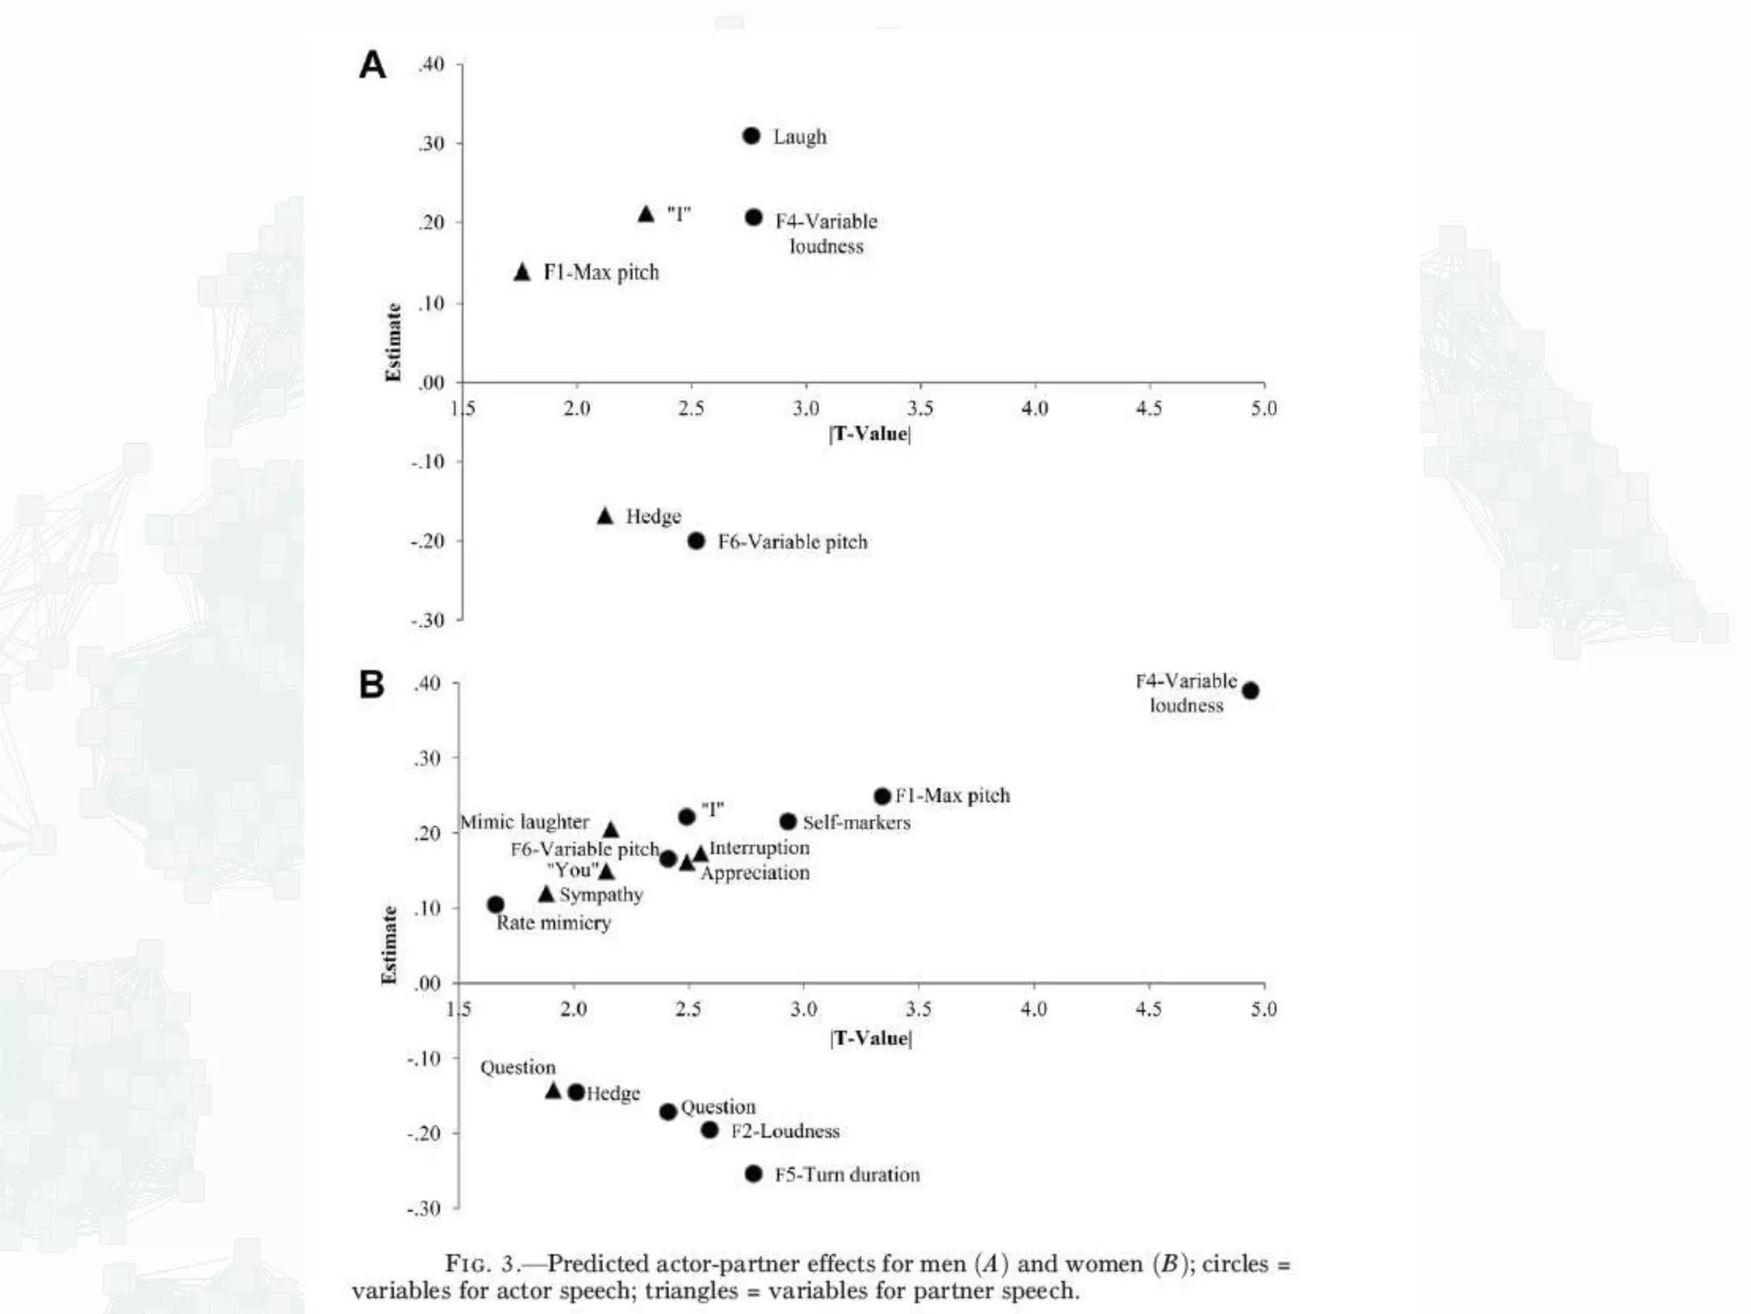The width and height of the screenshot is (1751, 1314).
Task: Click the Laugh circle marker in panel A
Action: pos(752,136)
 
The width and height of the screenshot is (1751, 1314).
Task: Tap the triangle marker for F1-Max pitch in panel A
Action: pos(522,272)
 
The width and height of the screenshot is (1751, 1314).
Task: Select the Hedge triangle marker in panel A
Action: pos(605,516)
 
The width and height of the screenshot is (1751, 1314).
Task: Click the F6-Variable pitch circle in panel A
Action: pos(697,541)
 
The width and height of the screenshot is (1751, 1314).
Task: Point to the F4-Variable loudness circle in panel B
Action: pos(1250,690)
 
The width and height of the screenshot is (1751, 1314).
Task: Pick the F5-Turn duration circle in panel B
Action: pos(753,1174)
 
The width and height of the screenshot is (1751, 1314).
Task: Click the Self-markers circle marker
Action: pos(788,822)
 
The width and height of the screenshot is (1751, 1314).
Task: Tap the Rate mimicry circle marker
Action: pos(496,904)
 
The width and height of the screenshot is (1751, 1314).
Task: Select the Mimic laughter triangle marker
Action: pos(610,830)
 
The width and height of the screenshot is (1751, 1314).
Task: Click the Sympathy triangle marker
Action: pos(546,894)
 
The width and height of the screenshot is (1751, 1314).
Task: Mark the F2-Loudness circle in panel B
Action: pos(710,1130)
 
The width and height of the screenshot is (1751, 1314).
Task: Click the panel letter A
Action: pos(372,65)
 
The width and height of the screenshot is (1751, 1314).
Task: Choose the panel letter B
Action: pos(372,684)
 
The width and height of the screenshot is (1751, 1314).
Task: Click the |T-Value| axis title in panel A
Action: pos(870,434)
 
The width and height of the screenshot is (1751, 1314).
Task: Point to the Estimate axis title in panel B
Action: pos(390,944)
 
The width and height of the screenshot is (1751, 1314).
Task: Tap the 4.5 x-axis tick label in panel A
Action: pos(1149,409)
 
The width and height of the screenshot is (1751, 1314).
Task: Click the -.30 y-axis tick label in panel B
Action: pos(424,1208)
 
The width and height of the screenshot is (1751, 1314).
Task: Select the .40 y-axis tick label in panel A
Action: pos(431,65)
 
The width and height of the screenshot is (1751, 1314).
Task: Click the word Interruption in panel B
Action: pos(759,848)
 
